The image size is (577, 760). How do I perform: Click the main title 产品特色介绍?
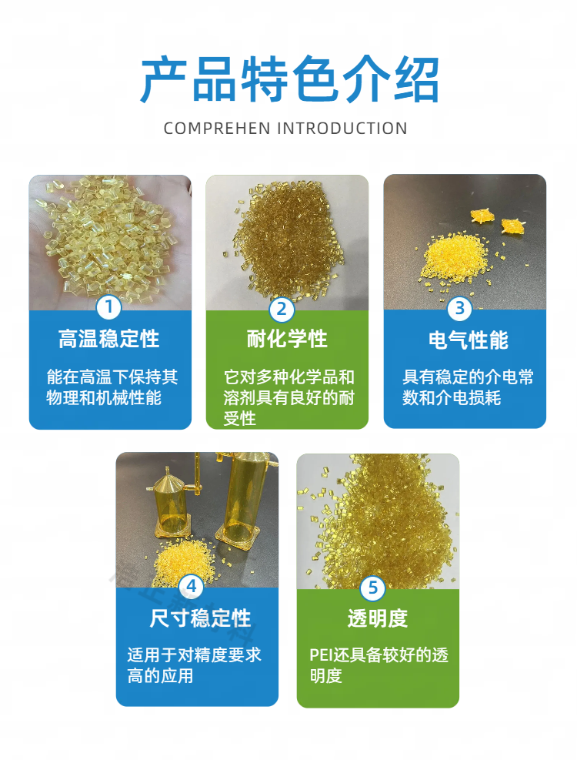pyautogui.click(x=289, y=79)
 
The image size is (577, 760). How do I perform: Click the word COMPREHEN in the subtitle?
pyautogui.click(x=217, y=129)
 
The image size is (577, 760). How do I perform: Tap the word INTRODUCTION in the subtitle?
pyautogui.click(x=342, y=129)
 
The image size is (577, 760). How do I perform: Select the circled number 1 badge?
pyautogui.click(x=108, y=306)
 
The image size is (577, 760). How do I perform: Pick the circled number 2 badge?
pyautogui.click(x=282, y=309)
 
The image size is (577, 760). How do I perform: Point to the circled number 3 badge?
pyautogui.click(x=460, y=308)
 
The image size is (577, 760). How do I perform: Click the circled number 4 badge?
pyautogui.click(x=192, y=587)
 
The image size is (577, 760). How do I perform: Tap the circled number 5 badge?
pyautogui.click(x=372, y=588)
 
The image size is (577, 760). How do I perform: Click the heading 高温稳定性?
pyautogui.click(x=109, y=339)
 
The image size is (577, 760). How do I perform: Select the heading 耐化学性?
pyautogui.click(x=287, y=339)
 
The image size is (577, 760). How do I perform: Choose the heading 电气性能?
pyautogui.click(x=469, y=340)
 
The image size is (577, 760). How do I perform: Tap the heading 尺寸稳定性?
pyautogui.click(x=200, y=618)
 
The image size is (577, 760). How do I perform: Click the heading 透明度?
pyautogui.click(x=378, y=618)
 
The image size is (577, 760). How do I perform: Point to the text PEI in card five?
pyautogui.click(x=322, y=655)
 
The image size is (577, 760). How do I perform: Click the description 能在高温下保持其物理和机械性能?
pyautogui.click(x=112, y=387)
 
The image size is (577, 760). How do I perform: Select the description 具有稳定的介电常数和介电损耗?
pyautogui.click(x=468, y=387)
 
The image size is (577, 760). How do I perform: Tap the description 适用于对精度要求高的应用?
pyautogui.click(x=194, y=665)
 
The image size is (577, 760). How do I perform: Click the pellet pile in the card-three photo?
pyautogui.click(x=455, y=258)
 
